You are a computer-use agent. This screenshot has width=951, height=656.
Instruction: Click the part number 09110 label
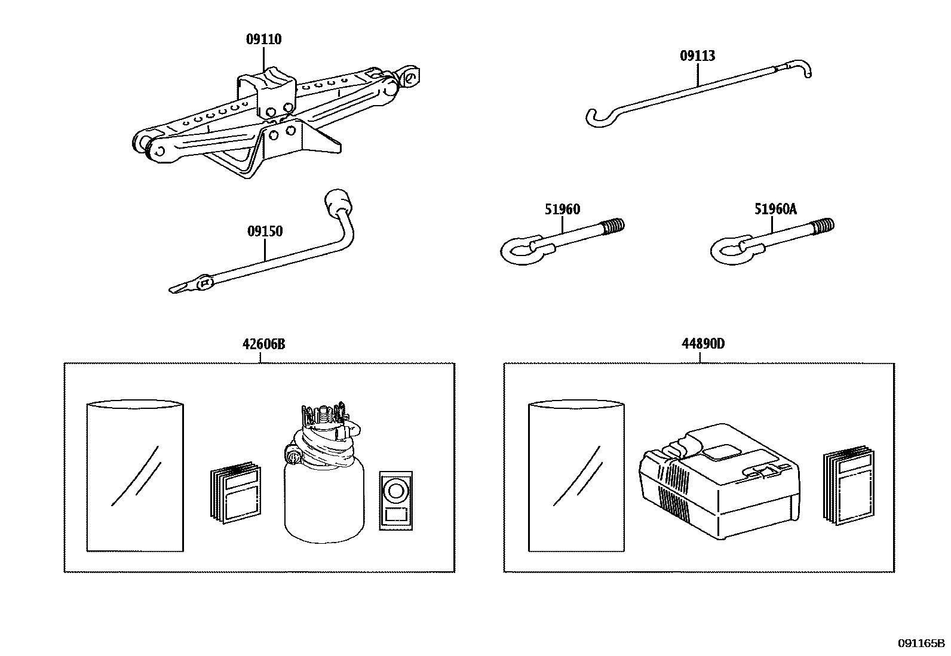click(263, 39)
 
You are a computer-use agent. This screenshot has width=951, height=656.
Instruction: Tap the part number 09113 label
click(697, 56)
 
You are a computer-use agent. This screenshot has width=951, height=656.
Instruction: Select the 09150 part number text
click(265, 231)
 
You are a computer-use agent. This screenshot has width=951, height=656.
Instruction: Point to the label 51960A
click(775, 209)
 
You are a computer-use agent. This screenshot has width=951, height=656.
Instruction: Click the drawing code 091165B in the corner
click(921, 643)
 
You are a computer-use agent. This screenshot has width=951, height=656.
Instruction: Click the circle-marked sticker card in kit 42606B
click(395, 492)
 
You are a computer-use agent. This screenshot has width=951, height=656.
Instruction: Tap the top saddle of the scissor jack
click(268, 81)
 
